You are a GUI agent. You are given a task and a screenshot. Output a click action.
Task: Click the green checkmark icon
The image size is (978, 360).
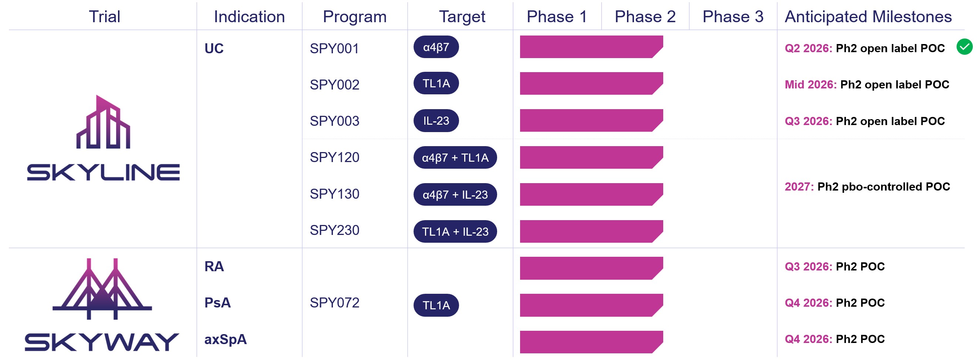coord(964,47)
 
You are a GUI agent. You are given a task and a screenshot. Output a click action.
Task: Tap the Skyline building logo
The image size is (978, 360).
coord(103,121)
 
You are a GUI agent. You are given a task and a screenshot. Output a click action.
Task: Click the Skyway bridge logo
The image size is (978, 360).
coord(102,289)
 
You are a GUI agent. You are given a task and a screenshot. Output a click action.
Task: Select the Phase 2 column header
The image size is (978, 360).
coord(645,17)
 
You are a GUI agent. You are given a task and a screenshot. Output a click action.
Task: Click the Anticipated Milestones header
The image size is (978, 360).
coord(868,17)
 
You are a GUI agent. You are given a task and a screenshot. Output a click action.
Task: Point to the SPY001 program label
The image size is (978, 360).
coord(334,48)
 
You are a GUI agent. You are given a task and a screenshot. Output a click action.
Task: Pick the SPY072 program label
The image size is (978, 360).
coord(334,303)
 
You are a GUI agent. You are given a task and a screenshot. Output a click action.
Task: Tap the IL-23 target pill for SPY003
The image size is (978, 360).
coord(436,121)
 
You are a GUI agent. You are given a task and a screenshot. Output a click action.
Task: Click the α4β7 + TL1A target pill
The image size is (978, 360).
coord(455,158)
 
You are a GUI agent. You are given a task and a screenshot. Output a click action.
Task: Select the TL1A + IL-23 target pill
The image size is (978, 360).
coord(455,232)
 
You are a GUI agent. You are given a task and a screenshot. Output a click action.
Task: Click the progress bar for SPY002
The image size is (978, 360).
coord(591,84)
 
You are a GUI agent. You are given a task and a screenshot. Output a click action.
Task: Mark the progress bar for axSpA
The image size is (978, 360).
coord(591,342)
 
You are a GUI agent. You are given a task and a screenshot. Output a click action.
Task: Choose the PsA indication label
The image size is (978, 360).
coord(217,303)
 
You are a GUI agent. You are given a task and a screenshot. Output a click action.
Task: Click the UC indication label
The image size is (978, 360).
coord(214,48)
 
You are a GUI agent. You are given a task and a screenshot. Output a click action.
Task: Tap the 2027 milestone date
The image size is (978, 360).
coord(799,186)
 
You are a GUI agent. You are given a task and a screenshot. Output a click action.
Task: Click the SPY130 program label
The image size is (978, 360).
coord(334,194)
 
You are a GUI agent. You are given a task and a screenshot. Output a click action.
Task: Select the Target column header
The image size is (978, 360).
coord(462,17)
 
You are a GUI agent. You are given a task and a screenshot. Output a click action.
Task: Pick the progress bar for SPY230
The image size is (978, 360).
coord(591,232)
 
